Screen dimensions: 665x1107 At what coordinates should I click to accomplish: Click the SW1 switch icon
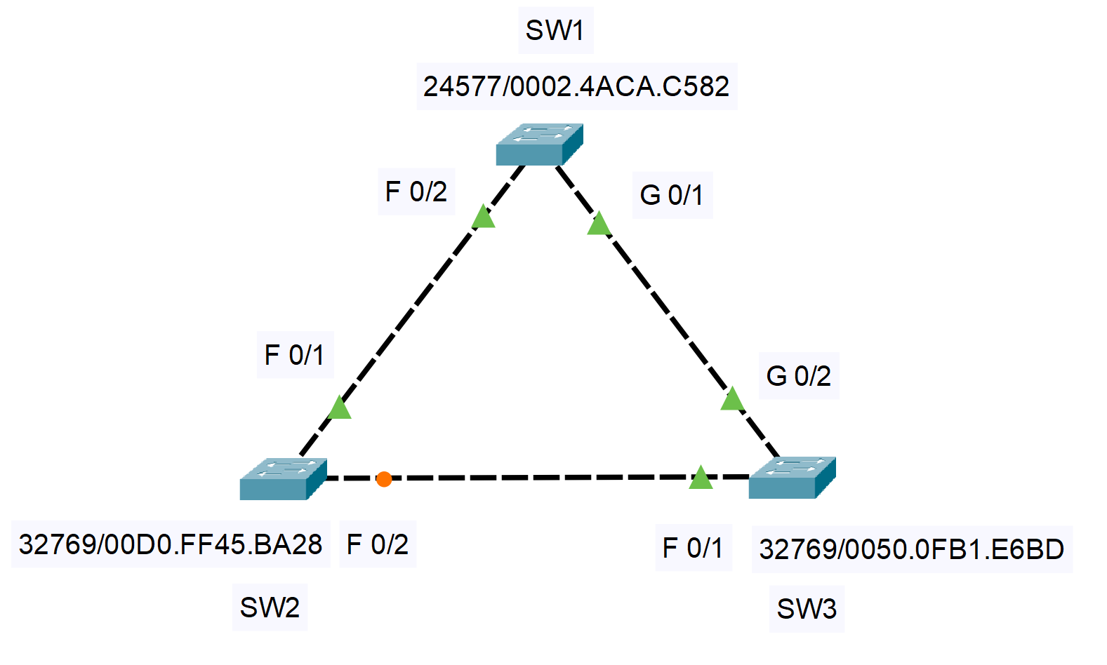tap(539, 145)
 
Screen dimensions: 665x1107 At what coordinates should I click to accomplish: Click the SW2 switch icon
tap(283, 479)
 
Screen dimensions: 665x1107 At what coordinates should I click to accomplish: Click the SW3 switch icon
tap(792, 478)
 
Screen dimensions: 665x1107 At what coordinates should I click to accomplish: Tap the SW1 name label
tap(555, 30)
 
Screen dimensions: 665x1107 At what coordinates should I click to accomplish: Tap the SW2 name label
tap(270, 607)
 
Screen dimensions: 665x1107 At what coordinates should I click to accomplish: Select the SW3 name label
tap(807, 609)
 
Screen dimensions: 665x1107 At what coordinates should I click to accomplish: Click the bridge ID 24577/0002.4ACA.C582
tap(576, 86)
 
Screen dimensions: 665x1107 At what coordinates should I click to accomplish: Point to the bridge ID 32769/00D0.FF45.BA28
tap(171, 544)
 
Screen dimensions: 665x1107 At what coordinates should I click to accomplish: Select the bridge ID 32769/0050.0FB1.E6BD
tap(912, 549)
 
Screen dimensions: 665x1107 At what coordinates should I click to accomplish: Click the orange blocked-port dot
tap(384, 479)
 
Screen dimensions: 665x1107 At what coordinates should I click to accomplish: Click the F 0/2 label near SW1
tap(416, 192)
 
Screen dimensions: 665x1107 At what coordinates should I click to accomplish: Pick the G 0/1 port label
tap(672, 195)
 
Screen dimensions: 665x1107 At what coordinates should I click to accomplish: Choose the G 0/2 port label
tap(799, 377)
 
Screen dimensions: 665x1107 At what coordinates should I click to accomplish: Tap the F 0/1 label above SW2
tap(295, 355)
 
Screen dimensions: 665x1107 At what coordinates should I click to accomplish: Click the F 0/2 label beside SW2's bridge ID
tap(378, 544)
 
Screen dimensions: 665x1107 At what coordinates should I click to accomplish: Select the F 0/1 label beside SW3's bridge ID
tap(693, 548)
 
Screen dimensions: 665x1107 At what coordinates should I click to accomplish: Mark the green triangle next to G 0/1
tap(599, 225)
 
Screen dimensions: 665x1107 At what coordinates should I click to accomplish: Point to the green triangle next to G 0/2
tap(732, 400)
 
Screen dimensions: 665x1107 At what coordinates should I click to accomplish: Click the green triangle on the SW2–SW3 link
tap(701, 478)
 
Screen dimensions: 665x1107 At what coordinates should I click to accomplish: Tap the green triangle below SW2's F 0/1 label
tap(340, 408)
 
